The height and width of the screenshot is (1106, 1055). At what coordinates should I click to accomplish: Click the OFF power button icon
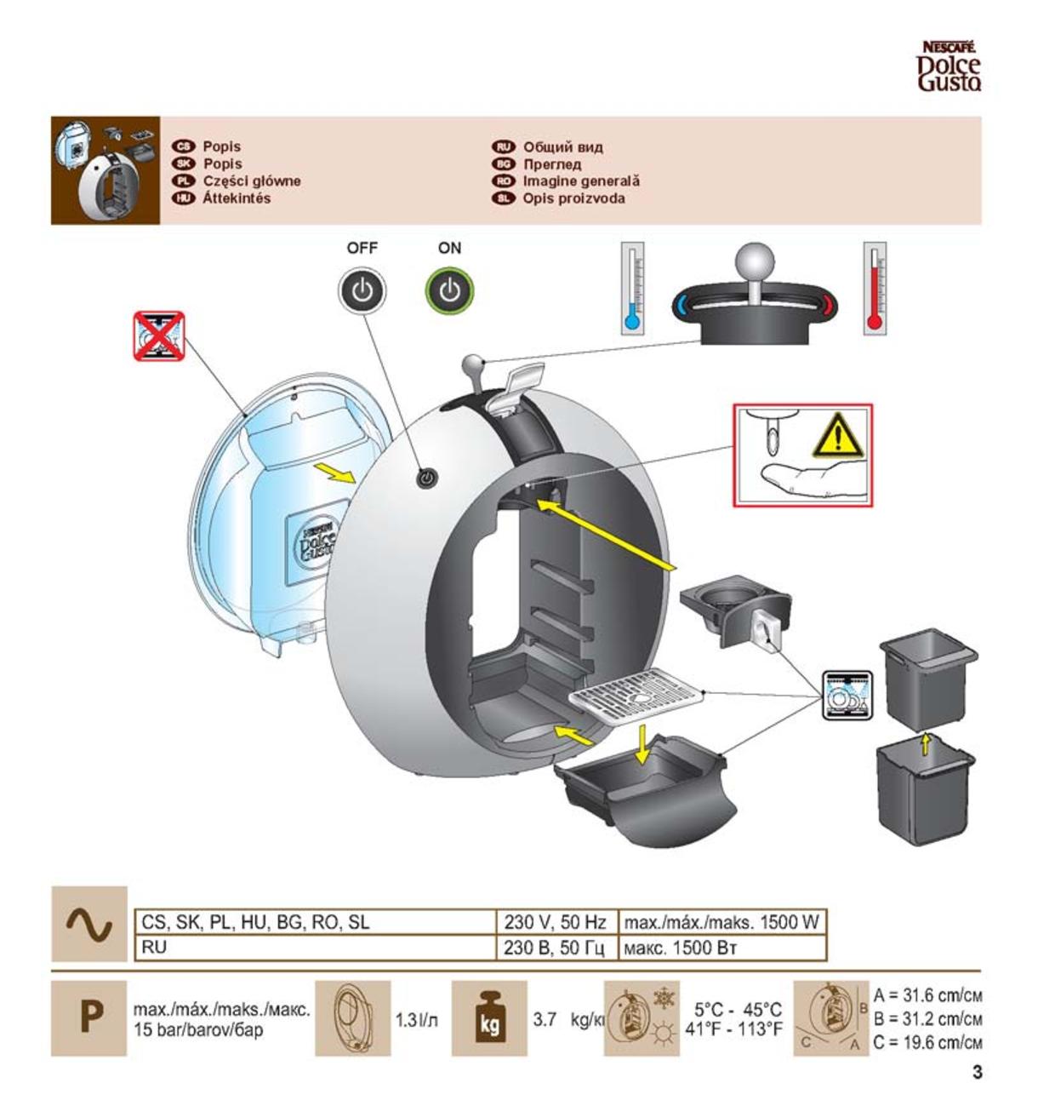click(362, 291)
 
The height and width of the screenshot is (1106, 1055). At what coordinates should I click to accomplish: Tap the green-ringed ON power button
click(449, 291)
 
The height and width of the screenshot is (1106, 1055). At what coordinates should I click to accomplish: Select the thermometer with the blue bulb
click(632, 288)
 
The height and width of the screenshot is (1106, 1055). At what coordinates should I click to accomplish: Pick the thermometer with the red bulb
click(874, 288)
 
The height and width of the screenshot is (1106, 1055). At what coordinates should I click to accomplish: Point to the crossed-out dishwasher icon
click(159, 335)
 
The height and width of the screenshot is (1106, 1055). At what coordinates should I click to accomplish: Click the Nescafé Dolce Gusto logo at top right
click(949, 66)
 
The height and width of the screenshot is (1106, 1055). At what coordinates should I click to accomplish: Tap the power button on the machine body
click(427, 479)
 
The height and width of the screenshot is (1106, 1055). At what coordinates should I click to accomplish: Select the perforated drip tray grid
click(637, 700)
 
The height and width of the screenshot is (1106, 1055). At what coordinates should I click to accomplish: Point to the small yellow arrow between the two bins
click(927, 746)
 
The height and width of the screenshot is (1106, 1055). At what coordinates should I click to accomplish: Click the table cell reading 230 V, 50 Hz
click(555, 922)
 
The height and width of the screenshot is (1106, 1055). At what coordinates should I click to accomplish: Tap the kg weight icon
click(489, 1019)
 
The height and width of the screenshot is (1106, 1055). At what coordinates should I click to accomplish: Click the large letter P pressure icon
click(89, 1018)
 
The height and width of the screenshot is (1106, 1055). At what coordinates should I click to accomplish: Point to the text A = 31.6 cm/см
click(927, 995)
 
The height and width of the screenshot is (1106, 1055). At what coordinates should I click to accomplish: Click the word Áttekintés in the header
click(237, 198)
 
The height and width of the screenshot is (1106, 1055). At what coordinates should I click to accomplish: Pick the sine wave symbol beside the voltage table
click(89, 925)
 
